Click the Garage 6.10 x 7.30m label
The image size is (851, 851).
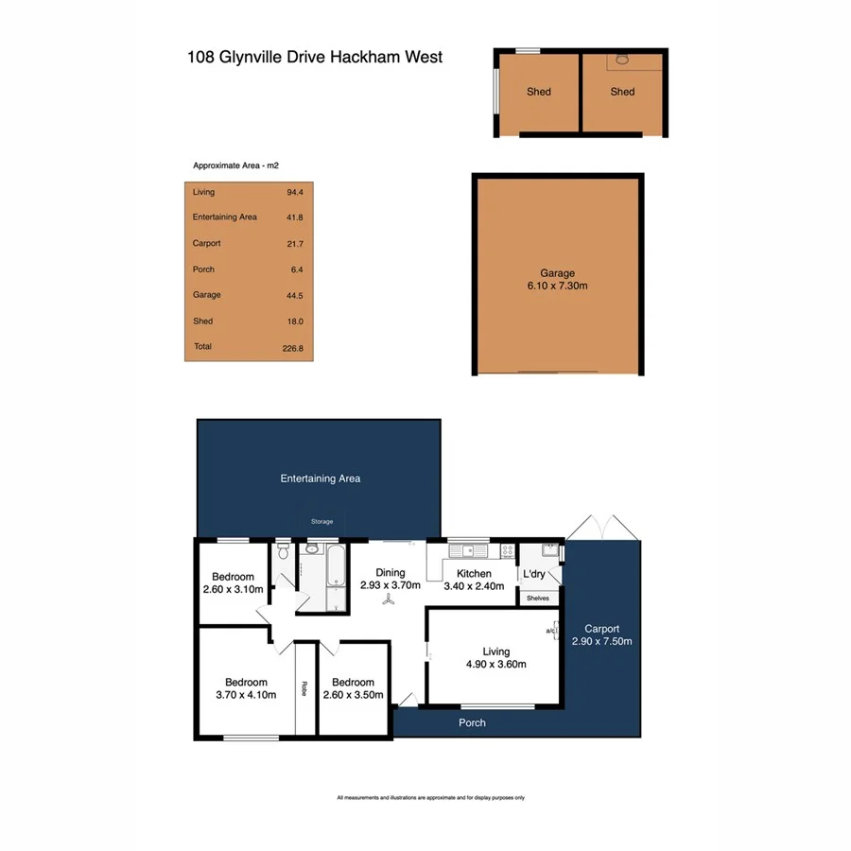[x=558, y=279]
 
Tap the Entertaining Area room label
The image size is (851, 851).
[x=320, y=478]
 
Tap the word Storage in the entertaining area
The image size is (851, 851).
[x=322, y=521]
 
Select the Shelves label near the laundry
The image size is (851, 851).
[x=537, y=598]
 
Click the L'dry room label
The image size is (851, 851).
[x=533, y=574]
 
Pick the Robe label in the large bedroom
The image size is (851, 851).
[x=304, y=688]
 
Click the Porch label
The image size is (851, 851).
[x=472, y=722]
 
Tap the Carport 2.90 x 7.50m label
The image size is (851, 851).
[x=601, y=634]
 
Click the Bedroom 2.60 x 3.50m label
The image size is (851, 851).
[x=353, y=687]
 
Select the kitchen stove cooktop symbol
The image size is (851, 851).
[x=507, y=549]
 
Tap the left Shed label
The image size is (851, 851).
[x=539, y=92]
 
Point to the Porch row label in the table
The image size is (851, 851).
[x=203, y=269]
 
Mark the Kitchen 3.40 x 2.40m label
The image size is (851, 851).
[x=474, y=580]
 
